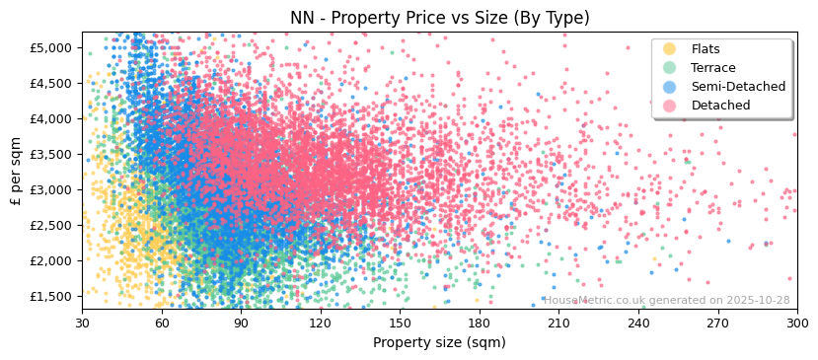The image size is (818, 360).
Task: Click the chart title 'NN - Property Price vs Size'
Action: tap(439, 18)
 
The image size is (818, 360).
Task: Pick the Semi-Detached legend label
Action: tap(738, 87)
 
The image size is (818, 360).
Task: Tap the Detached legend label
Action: tap(720, 106)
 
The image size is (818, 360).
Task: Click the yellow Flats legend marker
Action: tap(670, 49)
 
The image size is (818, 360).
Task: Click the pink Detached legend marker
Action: tap(670, 106)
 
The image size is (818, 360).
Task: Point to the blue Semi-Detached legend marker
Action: tap(670, 87)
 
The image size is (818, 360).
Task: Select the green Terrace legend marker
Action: tap(670, 68)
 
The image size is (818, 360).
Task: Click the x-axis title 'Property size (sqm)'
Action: tap(439, 343)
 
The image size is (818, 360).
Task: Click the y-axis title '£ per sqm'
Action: tap(16, 171)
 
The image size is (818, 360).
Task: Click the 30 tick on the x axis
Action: tap(82, 323)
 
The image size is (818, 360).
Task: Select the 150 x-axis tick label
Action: tap(400, 323)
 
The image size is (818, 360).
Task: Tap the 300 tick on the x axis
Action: tap(796, 323)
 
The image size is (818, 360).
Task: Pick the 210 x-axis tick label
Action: tap(558, 323)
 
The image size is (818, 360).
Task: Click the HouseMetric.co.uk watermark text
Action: tap(667, 301)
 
